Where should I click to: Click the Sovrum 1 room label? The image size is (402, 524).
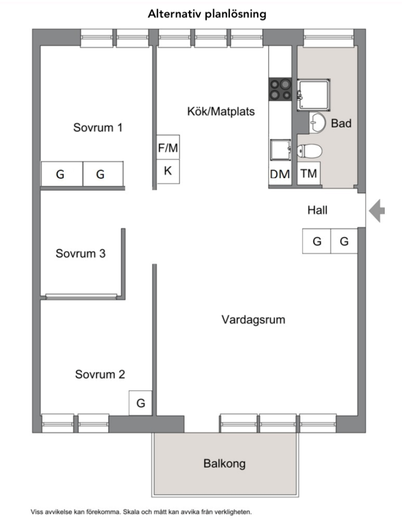98,128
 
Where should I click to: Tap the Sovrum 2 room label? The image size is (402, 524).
100,375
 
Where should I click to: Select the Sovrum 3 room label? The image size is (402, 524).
81,253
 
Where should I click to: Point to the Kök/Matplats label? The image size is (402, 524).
221,111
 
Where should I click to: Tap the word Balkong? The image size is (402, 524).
224,463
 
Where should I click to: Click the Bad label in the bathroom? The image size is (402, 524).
341,123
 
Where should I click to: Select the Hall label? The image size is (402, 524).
318,210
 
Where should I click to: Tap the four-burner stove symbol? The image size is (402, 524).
281,89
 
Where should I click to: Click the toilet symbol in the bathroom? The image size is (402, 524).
309,151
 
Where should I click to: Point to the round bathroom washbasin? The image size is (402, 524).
317,122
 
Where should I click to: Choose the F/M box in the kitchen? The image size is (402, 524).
168,147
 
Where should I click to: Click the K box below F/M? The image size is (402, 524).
168,171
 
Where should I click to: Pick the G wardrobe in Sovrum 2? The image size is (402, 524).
141,403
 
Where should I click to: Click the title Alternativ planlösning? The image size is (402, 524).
207,14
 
